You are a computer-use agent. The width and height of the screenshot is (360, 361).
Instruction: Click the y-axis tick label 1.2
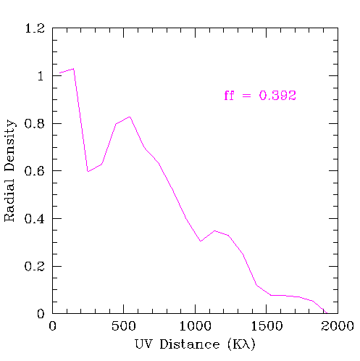pos(35,28)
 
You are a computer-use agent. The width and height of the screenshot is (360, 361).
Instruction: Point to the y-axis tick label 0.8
pos(34,123)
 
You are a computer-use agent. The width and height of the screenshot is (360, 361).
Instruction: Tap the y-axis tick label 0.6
pos(34,171)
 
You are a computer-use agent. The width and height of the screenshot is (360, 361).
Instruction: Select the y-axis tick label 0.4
pos(34,219)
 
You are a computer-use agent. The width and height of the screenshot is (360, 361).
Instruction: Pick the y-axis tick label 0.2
pos(34,266)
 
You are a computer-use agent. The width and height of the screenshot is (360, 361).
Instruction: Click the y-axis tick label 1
pos(41,76)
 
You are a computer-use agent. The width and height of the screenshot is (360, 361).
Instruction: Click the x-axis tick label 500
pos(124,326)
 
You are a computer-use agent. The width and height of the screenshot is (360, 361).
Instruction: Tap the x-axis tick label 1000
pos(195,326)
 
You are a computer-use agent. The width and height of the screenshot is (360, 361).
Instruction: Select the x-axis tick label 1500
pos(267,326)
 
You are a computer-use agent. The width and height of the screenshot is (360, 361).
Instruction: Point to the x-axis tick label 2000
pos(338,326)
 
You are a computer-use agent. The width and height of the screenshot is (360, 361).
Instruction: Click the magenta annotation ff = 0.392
pos(260,96)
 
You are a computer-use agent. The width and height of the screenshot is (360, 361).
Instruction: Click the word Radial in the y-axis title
pos(9,200)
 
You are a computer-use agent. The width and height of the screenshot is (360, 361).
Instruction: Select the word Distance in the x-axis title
pos(190,344)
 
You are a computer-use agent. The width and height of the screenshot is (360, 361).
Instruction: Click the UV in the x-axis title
pos(143,344)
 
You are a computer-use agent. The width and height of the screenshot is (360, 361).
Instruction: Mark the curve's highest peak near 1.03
pos(73,69)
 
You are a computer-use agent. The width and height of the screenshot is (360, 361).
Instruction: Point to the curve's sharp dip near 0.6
pos(88,172)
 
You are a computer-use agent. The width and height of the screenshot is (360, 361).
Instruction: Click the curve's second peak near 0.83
pos(130,117)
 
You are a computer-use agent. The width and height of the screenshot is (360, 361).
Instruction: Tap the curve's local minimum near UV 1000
pos(201,241)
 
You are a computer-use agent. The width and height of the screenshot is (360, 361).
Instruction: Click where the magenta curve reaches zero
pos(327,313)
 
